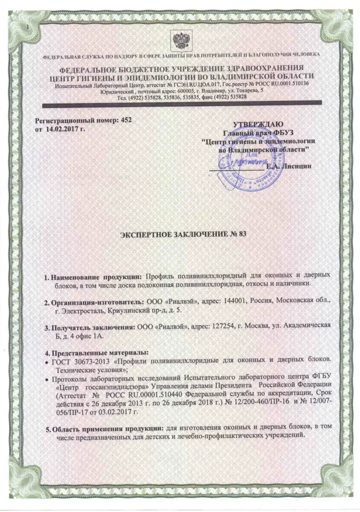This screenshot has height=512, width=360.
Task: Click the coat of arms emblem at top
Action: [x=179, y=39]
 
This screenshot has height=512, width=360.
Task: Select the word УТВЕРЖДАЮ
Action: [x=258, y=124]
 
